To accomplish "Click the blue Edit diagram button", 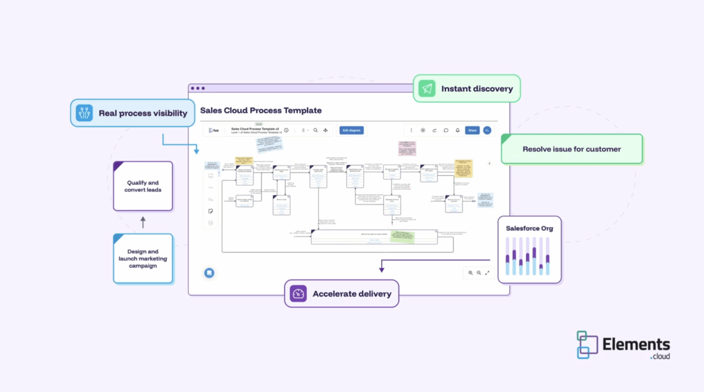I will tap(351, 130).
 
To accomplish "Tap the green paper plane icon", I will tap(427, 89).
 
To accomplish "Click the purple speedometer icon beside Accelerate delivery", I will tap(298, 294).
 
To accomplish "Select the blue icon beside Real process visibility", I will tap(84, 113).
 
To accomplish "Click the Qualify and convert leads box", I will tap(143, 186).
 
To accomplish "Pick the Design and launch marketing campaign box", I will tap(143, 259).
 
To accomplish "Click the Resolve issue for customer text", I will tap(571, 149).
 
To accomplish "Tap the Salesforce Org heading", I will tap(529, 228).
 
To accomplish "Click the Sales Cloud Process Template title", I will tap(261, 110).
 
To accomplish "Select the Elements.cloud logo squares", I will tap(587, 345).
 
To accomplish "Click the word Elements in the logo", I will tap(636, 344).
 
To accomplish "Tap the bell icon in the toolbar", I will tap(458, 130).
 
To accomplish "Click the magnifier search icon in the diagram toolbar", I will tap(315, 130).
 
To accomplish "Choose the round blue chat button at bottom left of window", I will tap(209, 273).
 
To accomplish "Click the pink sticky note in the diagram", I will tap(407, 148).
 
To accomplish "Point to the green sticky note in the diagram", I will tap(402, 237).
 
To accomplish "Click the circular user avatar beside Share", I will tap(487, 130).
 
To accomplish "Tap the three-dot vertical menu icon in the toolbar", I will tap(411, 130).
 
